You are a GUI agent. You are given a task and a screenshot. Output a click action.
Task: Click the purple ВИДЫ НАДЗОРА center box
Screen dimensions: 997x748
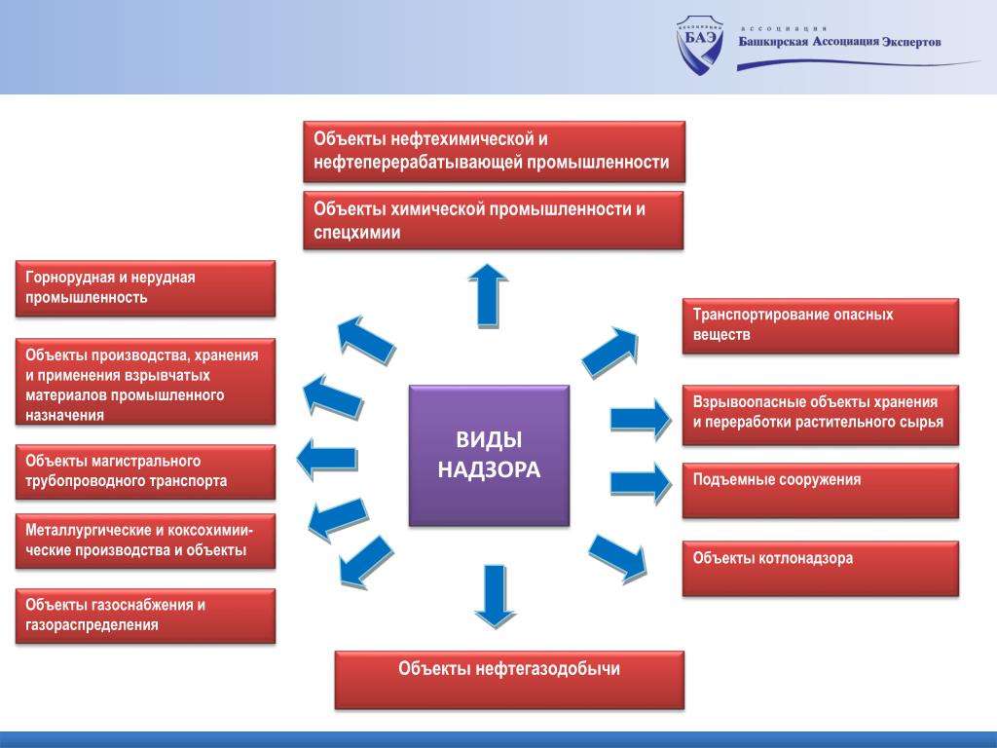tap(489, 456)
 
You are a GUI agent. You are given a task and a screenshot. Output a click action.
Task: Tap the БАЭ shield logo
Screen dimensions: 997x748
tap(699, 44)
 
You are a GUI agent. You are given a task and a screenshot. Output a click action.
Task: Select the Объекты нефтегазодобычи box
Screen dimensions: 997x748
tap(509, 679)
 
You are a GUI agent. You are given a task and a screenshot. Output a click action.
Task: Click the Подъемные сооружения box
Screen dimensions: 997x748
tap(820, 491)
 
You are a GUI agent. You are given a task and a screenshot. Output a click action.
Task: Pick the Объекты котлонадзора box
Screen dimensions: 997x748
tap(820, 569)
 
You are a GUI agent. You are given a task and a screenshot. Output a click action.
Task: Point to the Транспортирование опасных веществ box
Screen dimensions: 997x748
tap(820, 325)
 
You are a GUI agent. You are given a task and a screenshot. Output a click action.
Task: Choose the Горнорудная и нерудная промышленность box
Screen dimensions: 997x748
tap(146, 288)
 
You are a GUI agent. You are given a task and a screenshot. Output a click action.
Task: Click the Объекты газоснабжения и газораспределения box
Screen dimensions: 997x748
tap(146, 616)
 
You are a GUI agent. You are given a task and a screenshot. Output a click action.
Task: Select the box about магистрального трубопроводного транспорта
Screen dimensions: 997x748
tap(146, 471)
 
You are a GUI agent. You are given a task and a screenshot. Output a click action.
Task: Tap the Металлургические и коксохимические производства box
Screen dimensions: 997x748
tap(146, 541)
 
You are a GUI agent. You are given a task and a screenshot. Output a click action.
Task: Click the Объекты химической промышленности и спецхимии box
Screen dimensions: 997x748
tap(494, 220)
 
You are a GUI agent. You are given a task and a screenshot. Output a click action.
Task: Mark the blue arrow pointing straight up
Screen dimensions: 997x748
tap(488, 296)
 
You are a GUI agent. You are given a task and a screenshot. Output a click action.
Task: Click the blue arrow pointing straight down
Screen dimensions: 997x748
tap(495, 596)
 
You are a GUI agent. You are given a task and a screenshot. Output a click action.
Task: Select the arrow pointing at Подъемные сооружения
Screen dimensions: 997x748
tap(641, 483)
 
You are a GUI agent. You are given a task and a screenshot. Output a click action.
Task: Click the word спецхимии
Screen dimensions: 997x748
tap(356, 233)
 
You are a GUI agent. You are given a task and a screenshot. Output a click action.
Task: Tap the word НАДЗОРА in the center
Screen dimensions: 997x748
tap(489, 469)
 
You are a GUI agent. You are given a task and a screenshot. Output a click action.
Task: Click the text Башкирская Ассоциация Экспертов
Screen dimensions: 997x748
tap(839, 42)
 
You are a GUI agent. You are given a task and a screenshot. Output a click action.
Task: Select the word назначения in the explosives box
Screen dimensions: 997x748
tap(64, 415)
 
